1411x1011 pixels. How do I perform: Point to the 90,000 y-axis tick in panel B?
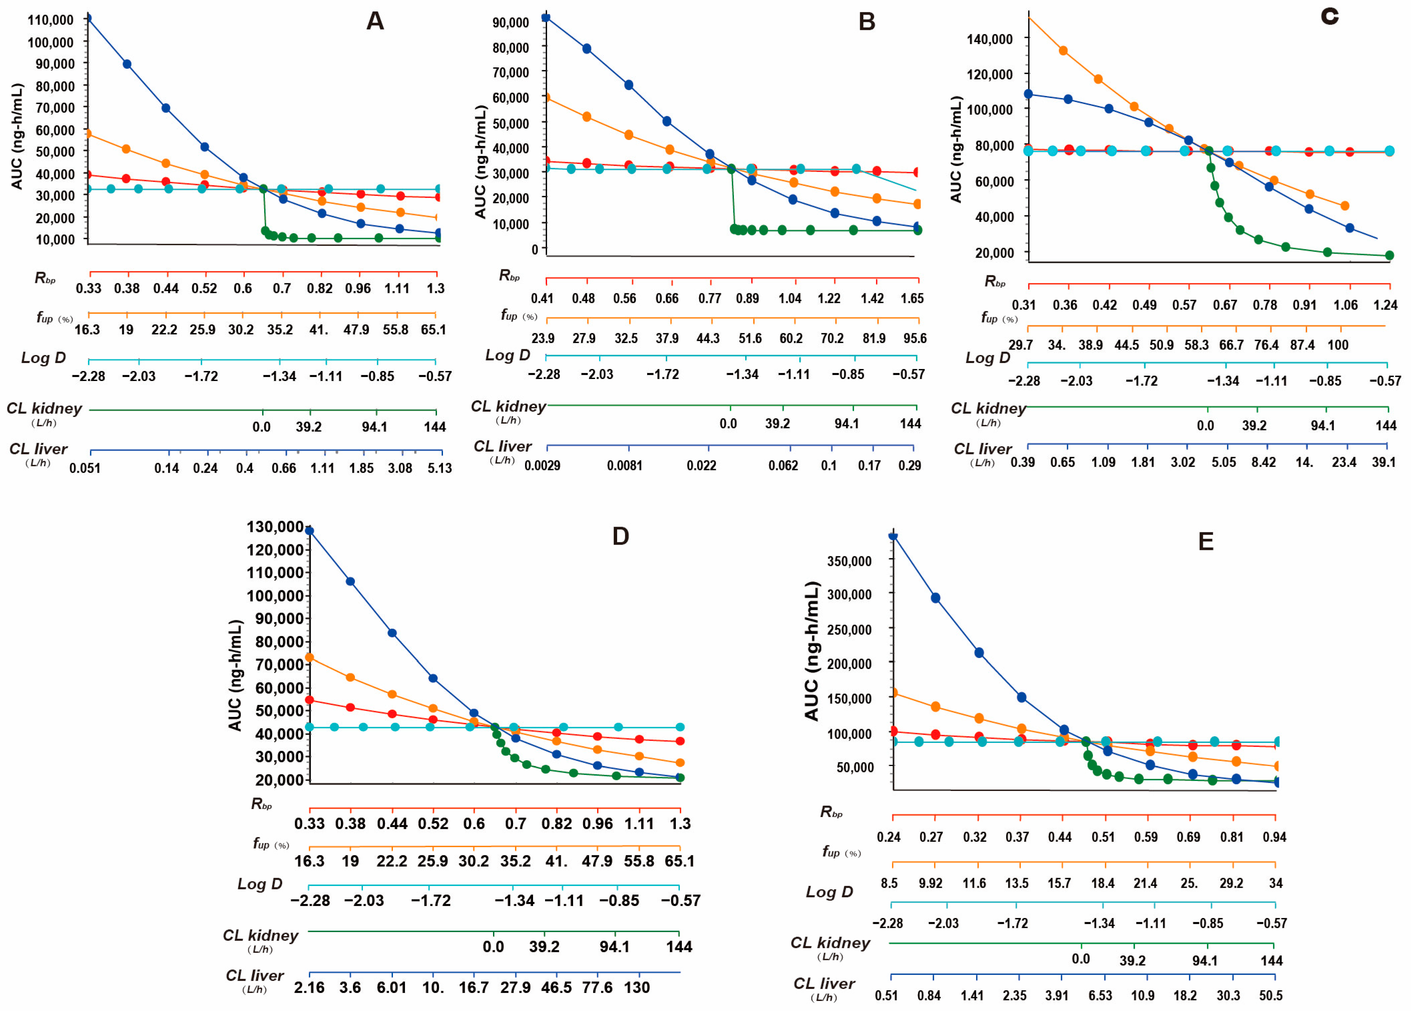510,23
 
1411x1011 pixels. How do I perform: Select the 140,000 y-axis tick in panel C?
989,39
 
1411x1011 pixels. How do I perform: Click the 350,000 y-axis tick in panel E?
849,561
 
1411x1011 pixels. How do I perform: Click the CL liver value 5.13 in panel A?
439,468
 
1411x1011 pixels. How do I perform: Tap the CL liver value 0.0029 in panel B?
542,466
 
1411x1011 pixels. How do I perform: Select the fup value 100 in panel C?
1338,345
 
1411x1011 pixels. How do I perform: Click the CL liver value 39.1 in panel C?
1384,462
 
